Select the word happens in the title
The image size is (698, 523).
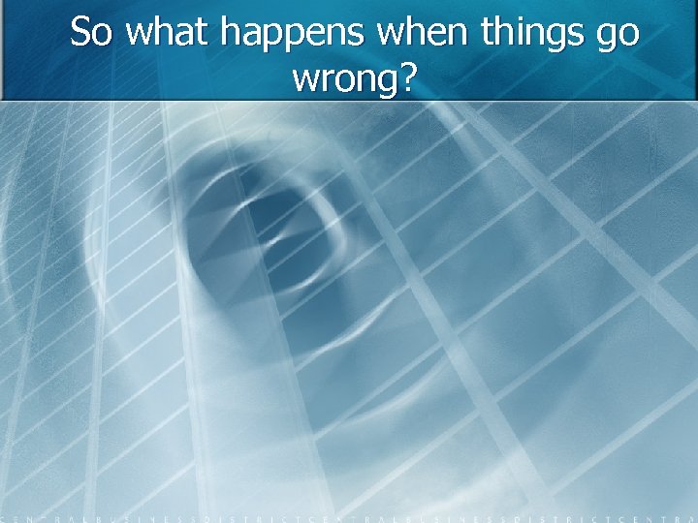(x=292, y=35)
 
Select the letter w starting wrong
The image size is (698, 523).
(x=303, y=81)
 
